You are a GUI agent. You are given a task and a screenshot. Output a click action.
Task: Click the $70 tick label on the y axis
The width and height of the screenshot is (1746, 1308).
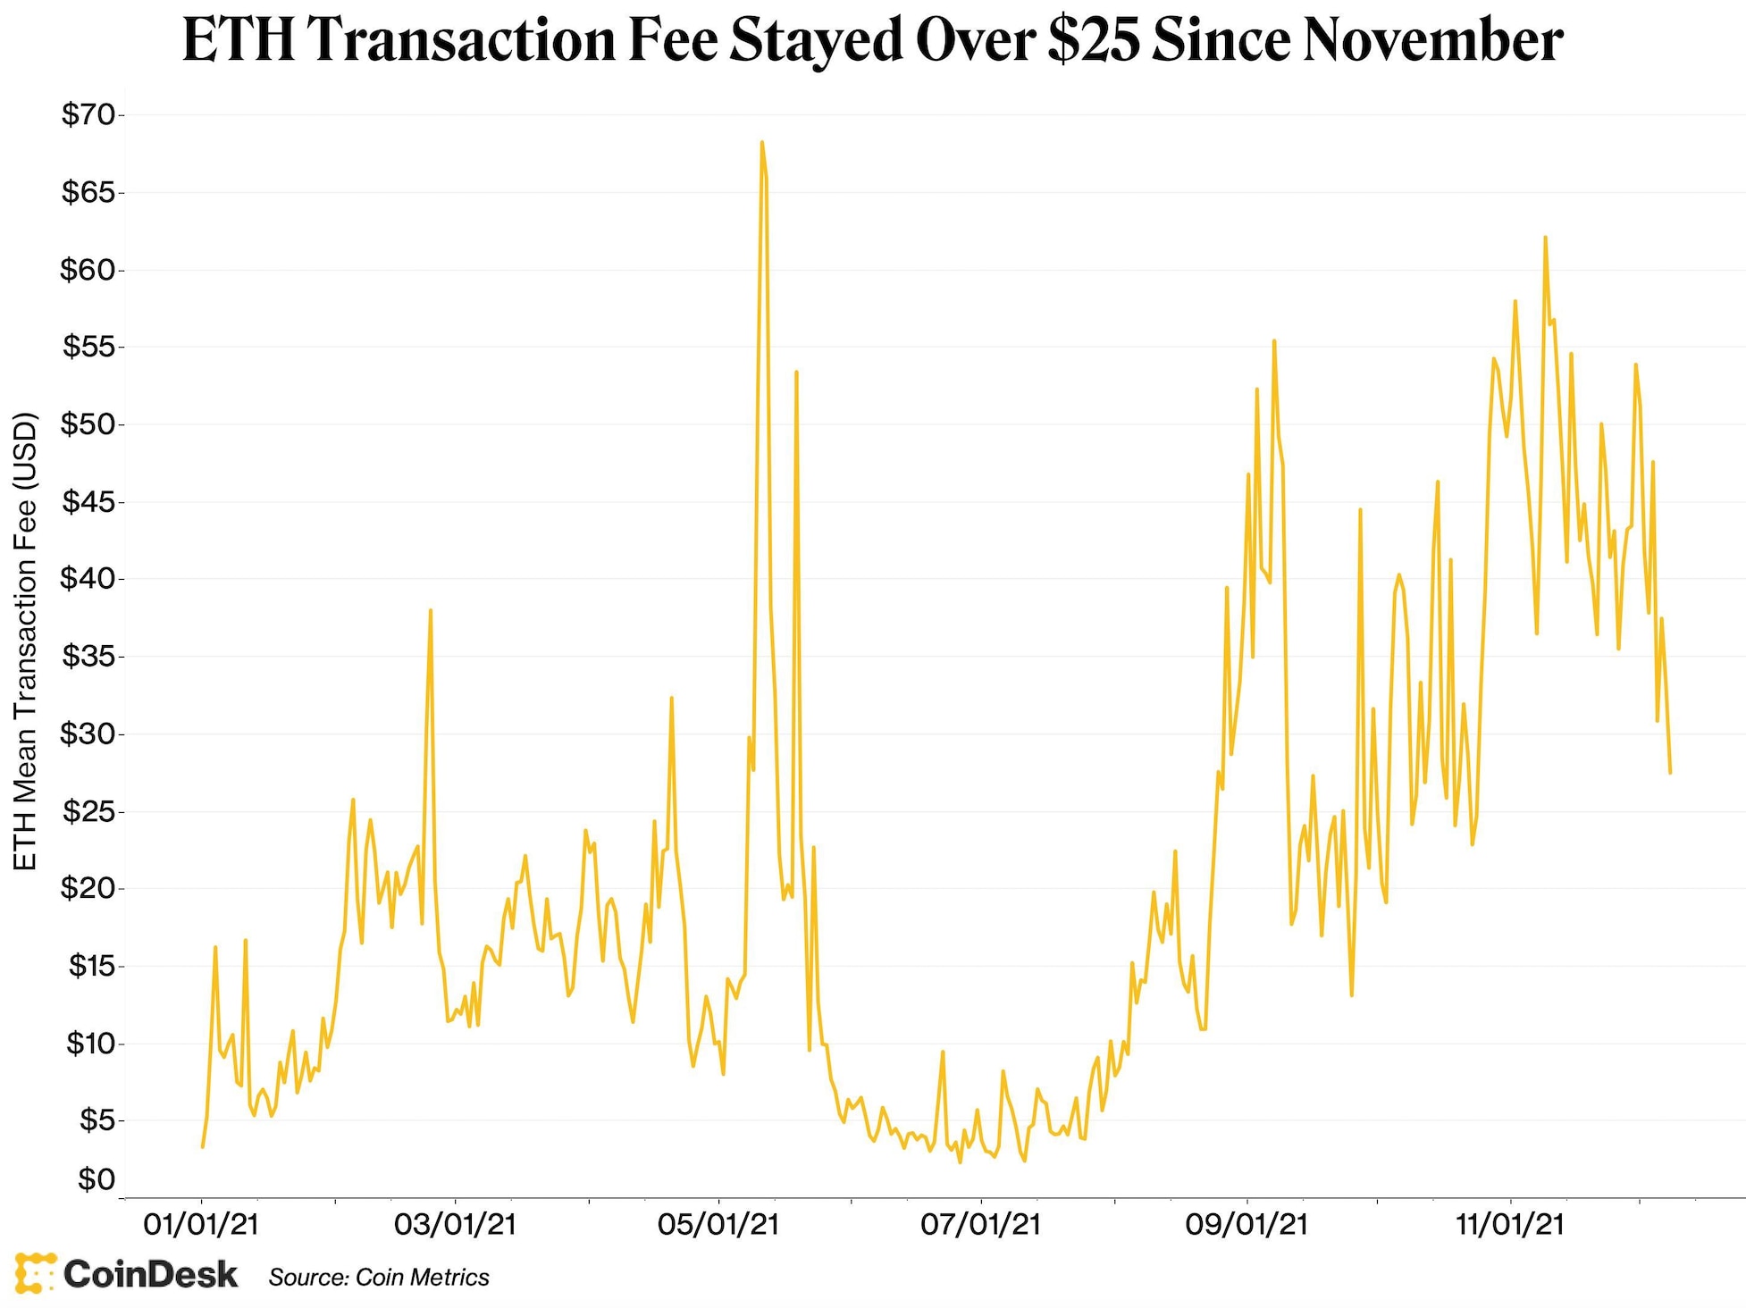click(x=88, y=115)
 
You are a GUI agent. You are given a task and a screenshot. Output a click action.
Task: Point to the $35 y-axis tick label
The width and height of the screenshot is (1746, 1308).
click(x=88, y=657)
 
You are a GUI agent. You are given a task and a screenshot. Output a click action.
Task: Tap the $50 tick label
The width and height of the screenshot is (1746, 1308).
click(x=88, y=424)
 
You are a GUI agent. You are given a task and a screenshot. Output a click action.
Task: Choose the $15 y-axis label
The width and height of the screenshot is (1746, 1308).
click(x=91, y=966)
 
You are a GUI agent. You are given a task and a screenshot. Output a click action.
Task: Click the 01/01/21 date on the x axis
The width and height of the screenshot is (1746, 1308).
click(x=201, y=1223)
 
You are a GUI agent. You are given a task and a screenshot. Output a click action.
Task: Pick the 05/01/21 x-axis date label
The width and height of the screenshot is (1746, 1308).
click(x=718, y=1223)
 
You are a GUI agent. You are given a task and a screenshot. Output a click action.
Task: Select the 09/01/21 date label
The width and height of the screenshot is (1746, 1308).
click(x=1246, y=1223)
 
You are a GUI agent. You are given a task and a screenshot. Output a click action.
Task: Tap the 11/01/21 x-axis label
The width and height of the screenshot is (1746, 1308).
click(x=1510, y=1223)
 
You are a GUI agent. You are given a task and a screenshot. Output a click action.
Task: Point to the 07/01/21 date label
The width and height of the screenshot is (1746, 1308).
click(x=981, y=1223)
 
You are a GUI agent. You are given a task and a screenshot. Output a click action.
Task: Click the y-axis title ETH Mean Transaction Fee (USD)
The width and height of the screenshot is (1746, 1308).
click(x=26, y=641)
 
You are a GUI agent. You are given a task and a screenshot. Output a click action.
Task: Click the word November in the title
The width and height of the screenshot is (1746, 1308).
click(x=1433, y=40)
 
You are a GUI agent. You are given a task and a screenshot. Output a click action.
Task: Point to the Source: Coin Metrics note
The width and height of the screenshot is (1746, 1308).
click(x=379, y=1278)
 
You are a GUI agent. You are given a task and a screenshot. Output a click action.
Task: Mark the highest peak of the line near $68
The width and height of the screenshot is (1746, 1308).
click(x=761, y=142)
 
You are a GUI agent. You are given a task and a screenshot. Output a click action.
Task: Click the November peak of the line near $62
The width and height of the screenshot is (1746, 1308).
click(x=1545, y=238)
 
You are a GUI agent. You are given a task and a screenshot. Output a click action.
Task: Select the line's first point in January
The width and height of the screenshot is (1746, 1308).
click(x=203, y=1146)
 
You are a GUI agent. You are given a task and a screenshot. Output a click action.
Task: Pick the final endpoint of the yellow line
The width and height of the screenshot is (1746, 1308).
click(x=1670, y=773)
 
